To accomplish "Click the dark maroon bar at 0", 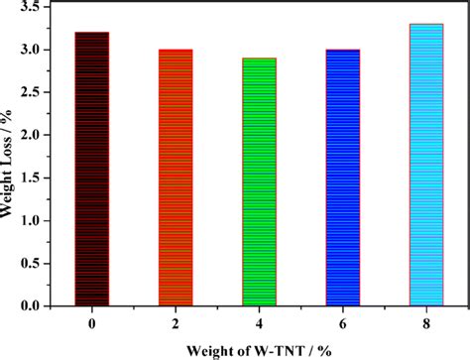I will (92, 169).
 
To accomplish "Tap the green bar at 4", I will (260, 181).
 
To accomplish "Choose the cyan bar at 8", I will (426, 165).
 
